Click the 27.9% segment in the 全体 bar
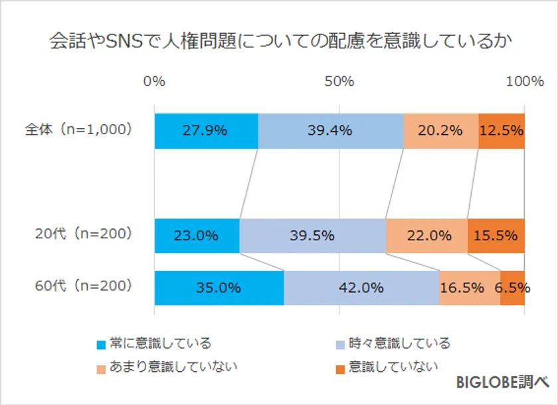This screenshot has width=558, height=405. click(x=206, y=131)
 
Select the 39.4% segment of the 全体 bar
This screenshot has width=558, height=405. click(x=330, y=131)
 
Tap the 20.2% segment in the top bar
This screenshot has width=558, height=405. click(x=440, y=131)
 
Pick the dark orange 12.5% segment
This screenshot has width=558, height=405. click(x=502, y=131)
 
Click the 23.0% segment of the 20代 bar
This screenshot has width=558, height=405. click(x=197, y=236)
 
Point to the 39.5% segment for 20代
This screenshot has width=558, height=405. click(x=312, y=236)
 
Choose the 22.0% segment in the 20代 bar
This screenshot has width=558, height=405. click(x=426, y=236)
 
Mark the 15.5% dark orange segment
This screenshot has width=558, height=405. click(x=496, y=236)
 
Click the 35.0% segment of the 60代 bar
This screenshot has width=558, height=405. click(x=219, y=288)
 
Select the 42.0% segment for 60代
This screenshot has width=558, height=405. click(x=361, y=288)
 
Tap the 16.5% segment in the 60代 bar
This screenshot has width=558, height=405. click(x=469, y=288)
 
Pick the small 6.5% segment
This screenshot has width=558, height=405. click(x=512, y=288)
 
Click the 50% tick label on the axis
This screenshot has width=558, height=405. click(x=339, y=82)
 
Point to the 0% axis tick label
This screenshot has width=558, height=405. click(x=154, y=82)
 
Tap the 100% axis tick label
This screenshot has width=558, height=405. click(x=524, y=82)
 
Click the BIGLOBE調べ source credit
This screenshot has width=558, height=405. click(x=502, y=382)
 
